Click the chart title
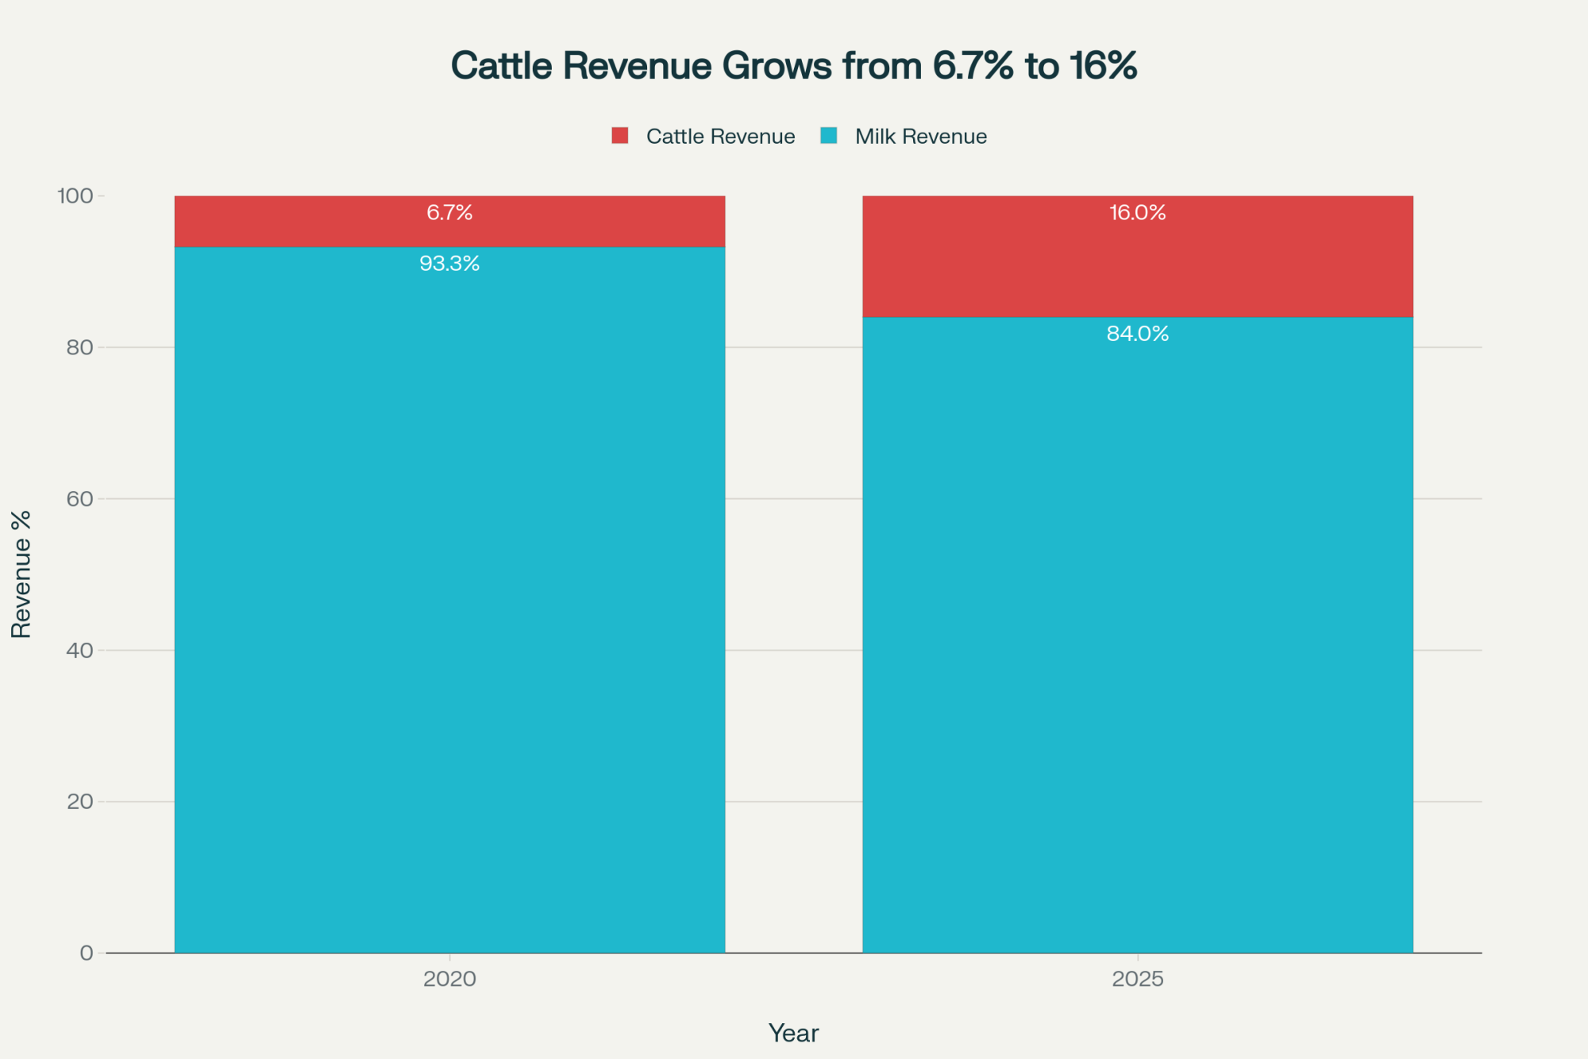pyautogui.click(x=794, y=66)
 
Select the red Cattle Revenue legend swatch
pyautogui.click(x=620, y=136)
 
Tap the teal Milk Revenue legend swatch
pyautogui.click(x=829, y=136)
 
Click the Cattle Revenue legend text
pyautogui.click(x=720, y=137)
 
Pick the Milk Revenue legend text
pyautogui.click(x=920, y=137)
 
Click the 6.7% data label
pyautogui.click(x=449, y=213)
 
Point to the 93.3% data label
pyautogui.click(x=449, y=264)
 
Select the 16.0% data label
pyautogui.click(x=1137, y=213)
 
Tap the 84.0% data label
pyautogui.click(x=1137, y=334)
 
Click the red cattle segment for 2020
pyautogui.click(x=318, y=230)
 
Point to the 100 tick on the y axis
pyautogui.click(x=75, y=195)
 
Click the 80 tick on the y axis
pyautogui.click(x=79, y=347)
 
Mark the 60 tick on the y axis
pyautogui.click(x=79, y=499)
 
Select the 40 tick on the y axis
pyautogui.click(x=79, y=651)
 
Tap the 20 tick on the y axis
pyautogui.click(x=79, y=802)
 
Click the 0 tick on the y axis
pyautogui.click(x=86, y=953)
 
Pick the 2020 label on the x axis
pyautogui.click(x=449, y=979)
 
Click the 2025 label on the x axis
pyautogui.click(x=1137, y=979)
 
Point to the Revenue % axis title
pyautogui.click(x=21, y=574)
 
